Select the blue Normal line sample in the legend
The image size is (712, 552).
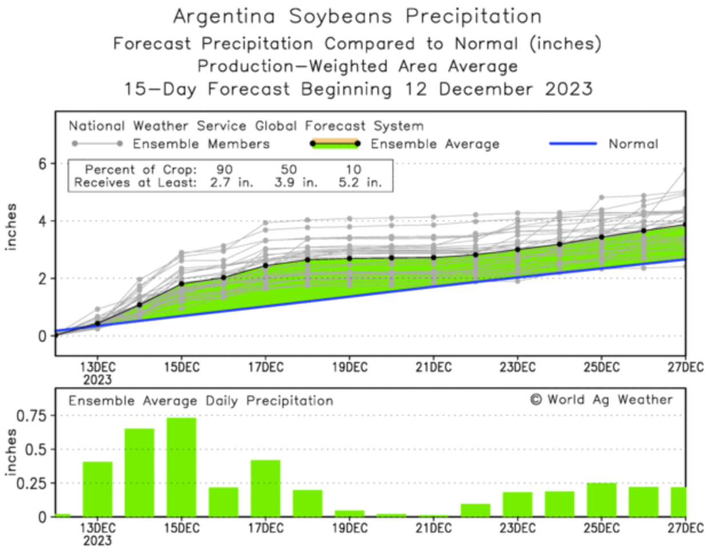click(x=572, y=144)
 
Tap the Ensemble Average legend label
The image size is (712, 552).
click(x=435, y=144)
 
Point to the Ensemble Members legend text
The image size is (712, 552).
click(x=201, y=144)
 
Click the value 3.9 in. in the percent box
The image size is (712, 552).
click(x=295, y=183)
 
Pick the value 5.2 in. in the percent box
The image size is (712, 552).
click(x=360, y=183)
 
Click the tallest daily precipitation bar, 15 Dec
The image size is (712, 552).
click(x=181, y=467)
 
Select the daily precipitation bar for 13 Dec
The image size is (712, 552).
click(x=97, y=489)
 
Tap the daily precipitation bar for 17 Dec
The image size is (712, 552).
click(x=265, y=488)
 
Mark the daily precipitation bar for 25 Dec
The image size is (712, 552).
click(x=602, y=500)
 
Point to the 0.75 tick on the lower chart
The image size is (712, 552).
click(x=31, y=416)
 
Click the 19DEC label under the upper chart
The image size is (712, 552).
click(x=349, y=367)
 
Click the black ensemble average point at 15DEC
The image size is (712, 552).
click(x=181, y=284)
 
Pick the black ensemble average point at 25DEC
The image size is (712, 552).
click(x=602, y=237)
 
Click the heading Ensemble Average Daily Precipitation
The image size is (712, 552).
click(x=201, y=401)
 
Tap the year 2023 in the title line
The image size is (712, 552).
click(x=568, y=89)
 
